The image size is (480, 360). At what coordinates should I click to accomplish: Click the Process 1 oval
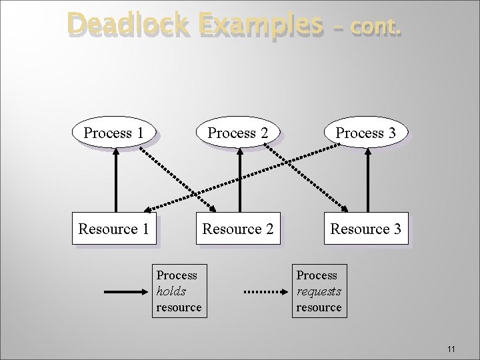[113, 133]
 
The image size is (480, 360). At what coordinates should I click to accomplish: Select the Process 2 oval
[238, 133]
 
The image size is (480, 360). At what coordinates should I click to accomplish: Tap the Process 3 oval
[366, 133]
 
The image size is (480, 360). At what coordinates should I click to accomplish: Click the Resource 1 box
[113, 229]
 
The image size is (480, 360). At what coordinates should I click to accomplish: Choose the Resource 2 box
[238, 229]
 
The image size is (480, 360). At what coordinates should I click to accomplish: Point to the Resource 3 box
[366, 229]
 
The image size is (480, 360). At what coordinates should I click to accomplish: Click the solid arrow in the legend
[123, 291]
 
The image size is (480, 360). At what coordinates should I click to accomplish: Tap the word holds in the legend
[171, 291]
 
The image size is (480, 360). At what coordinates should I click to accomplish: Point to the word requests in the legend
[318, 291]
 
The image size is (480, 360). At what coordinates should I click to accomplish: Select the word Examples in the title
[257, 25]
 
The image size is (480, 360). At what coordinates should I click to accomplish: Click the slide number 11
[451, 349]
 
